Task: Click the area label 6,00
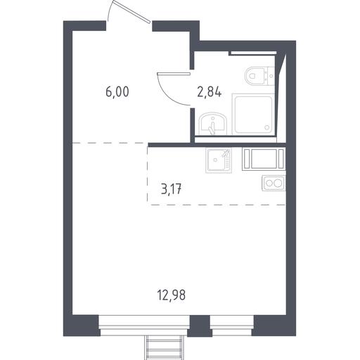click(x=117, y=92)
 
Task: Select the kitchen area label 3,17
click(x=172, y=189)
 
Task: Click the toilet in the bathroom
click(x=259, y=76)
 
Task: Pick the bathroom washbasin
click(x=213, y=124)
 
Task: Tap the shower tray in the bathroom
click(x=253, y=115)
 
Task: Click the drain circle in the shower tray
click(x=267, y=127)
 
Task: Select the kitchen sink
click(x=219, y=160)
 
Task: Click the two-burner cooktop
click(x=274, y=183)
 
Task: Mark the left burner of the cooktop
click(x=269, y=183)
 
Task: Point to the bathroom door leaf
click(x=174, y=73)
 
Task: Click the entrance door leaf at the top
click(x=131, y=11)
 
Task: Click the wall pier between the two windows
click(x=200, y=326)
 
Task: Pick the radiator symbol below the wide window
click(x=164, y=348)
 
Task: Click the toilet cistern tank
click(x=271, y=76)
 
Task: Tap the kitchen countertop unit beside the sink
click(x=264, y=158)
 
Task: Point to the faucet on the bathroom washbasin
click(x=212, y=127)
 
